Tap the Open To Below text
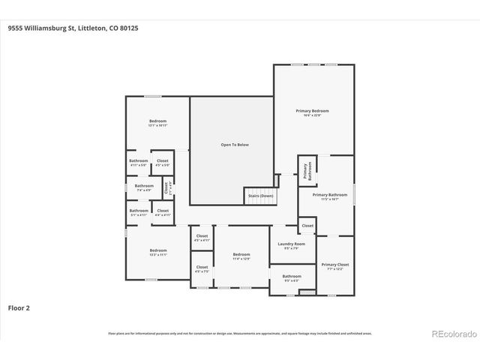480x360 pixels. click(235, 144)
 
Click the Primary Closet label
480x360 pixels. click(335, 265)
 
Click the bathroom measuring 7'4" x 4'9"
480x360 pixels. click(144, 187)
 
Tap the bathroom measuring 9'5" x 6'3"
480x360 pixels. click(292, 277)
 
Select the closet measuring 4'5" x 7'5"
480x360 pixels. click(202, 268)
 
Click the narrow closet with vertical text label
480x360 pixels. click(168, 187)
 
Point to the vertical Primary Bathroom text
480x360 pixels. click(306, 171)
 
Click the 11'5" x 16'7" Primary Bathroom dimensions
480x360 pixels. click(330, 199)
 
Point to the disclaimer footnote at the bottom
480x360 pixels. click(239, 334)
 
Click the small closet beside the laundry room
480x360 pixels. click(307, 225)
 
